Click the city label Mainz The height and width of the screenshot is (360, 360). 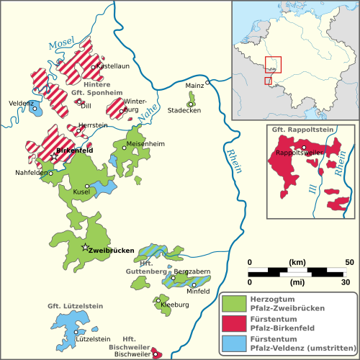(194, 86)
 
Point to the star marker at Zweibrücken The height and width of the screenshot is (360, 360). (86, 248)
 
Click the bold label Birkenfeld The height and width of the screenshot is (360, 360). (77, 151)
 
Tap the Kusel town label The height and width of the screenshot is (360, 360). (81, 192)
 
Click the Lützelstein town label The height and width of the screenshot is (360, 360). (93, 338)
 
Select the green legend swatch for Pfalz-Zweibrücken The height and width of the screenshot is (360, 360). (232, 304)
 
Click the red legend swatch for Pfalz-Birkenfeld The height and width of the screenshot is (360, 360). (232, 323)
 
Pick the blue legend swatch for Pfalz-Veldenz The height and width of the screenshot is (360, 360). (232, 342)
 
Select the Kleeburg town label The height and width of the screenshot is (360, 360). (175, 304)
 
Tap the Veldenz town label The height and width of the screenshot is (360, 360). (22, 104)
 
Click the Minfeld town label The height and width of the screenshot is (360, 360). (198, 291)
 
